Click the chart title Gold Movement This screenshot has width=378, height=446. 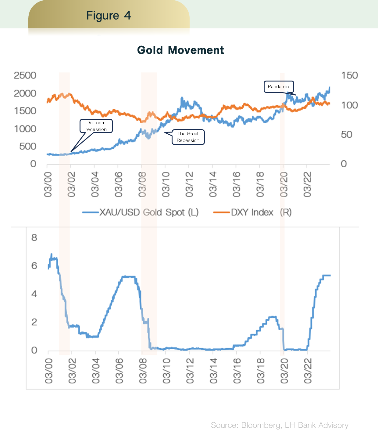coord(180,50)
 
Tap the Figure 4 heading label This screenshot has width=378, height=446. coord(109,16)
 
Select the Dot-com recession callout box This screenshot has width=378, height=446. coord(96,126)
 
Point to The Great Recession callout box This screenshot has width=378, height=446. coord(188,137)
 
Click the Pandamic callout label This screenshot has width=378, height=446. coord(278,87)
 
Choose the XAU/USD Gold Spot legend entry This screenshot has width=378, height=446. coord(141,212)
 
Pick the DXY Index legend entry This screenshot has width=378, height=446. coord(252,212)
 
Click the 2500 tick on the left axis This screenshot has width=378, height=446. coord(25,75)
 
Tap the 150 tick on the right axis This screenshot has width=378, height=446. coord(349,75)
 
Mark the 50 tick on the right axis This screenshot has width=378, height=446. coord(347,135)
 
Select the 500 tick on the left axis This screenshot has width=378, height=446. coord(28,146)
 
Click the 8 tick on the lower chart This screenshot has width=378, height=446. coord(34,238)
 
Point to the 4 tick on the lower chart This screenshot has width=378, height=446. coord(34,294)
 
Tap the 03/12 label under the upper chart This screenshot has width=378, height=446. coord(189,184)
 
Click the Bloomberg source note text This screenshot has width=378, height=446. coord(280,425)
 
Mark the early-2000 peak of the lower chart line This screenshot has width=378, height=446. coord(51,254)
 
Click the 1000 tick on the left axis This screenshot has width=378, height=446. coord(25,129)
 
